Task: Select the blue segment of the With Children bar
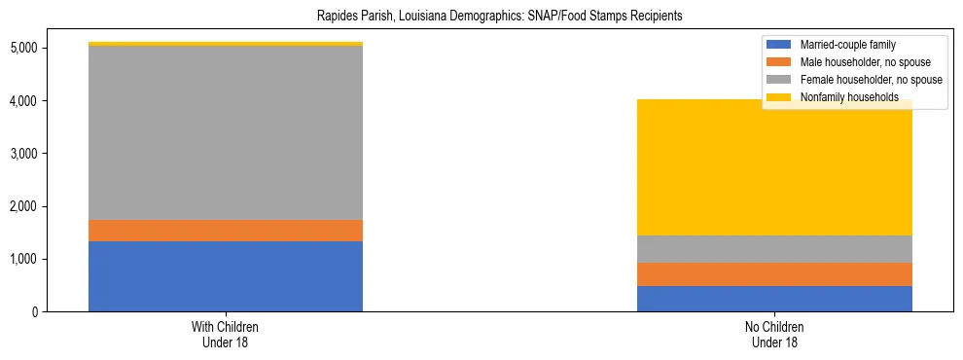click(226, 276)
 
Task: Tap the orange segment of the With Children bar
click(226, 231)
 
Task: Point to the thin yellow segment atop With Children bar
click(226, 44)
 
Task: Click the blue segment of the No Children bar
click(774, 299)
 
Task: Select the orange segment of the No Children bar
click(774, 274)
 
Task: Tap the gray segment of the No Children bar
click(774, 249)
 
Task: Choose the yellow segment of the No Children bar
click(774, 175)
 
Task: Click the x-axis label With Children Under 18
click(226, 335)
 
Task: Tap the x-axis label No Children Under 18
click(774, 335)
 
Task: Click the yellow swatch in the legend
click(779, 97)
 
